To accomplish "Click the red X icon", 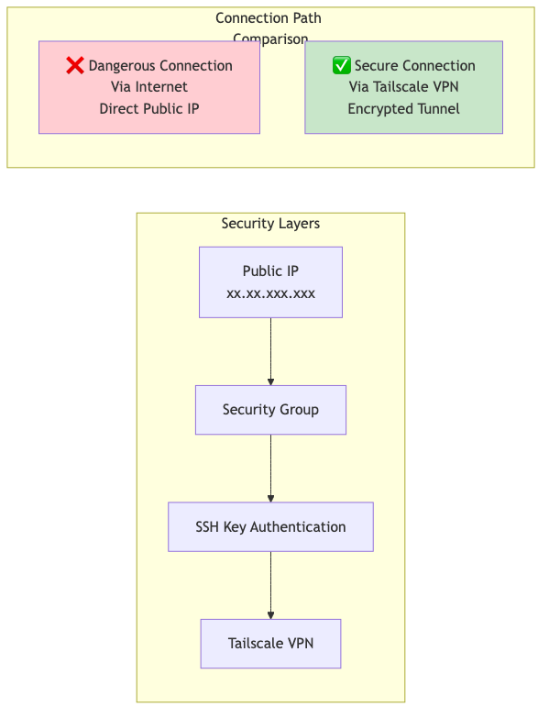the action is (x=75, y=65).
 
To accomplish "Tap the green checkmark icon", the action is (x=342, y=65).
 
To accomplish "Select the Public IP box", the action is (x=271, y=282).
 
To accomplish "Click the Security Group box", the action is (x=271, y=410).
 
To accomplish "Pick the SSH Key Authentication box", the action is (x=271, y=526).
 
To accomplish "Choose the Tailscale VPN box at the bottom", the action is (x=271, y=644).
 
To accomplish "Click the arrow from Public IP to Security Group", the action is (x=271, y=352).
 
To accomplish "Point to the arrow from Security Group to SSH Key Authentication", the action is (x=271, y=469).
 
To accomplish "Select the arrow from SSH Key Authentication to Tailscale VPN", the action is (x=271, y=585).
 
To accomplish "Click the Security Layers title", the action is (x=271, y=224).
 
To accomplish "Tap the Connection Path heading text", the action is (x=269, y=18).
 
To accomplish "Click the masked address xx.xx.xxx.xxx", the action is (x=271, y=293).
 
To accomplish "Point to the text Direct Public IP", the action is (x=149, y=109).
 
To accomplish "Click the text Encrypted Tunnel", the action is (x=404, y=109).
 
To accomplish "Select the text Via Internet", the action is (x=149, y=87).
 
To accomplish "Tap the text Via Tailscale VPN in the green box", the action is (x=404, y=87).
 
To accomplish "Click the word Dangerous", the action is (x=122, y=66).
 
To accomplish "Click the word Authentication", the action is (x=298, y=526).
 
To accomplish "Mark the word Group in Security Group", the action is (x=299, y=409).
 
